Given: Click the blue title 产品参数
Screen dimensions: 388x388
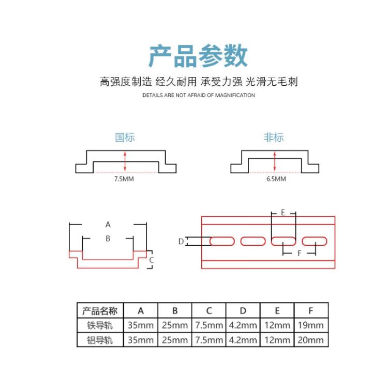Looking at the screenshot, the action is pyautogui.click(x=198, y=56).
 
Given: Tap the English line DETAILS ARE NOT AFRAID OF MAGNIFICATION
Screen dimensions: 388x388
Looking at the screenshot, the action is pyautogui.click(x=199, y=95).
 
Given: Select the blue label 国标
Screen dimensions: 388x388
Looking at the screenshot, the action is pyautogui.click(x=125, y=137).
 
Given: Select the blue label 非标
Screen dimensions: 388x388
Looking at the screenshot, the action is pyautogui.click(x=274, y=137).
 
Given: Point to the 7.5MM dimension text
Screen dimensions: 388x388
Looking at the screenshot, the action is pyautogui.click(x=124, y=179).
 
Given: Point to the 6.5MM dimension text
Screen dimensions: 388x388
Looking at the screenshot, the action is pyautogui.click(x=276, y=179).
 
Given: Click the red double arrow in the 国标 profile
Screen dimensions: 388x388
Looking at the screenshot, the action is pyautogui.click(x=125, y=161).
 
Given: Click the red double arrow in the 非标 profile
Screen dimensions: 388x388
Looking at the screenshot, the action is pyautogui.click(x=275, y=161).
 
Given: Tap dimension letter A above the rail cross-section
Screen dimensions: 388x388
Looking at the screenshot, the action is pyautogui.click(x=108, y=225).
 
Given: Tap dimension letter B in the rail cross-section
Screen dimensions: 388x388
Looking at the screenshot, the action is pyautogui.click(x=108, y=238).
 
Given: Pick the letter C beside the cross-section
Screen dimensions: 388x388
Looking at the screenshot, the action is pyautogui.click(x=152, y=260).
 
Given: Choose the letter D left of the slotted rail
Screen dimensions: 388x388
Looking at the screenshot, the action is pyautogui.click(x=181, y=241).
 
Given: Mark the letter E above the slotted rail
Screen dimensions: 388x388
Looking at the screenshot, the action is pyautogui.click(x=283, y=213).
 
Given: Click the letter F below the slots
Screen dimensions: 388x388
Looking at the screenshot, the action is pyautogui.click(x=300, y=253).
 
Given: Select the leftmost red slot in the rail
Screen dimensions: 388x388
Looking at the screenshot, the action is pyautogui.click(x=222, y=241).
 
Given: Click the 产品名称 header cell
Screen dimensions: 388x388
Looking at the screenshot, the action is pyautogui.click(x=100, y=311).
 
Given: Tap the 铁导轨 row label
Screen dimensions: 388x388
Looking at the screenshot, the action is pyautogui.click(x=100, y=325).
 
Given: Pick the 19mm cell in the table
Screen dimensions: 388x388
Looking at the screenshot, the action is pyautogui.click(x=311, y=325).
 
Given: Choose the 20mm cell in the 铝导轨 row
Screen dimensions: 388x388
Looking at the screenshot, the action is pyautogui.click(x=311, y=340).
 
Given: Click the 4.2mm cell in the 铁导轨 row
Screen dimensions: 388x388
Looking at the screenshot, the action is pyautogui.click(x=243, y=325).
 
